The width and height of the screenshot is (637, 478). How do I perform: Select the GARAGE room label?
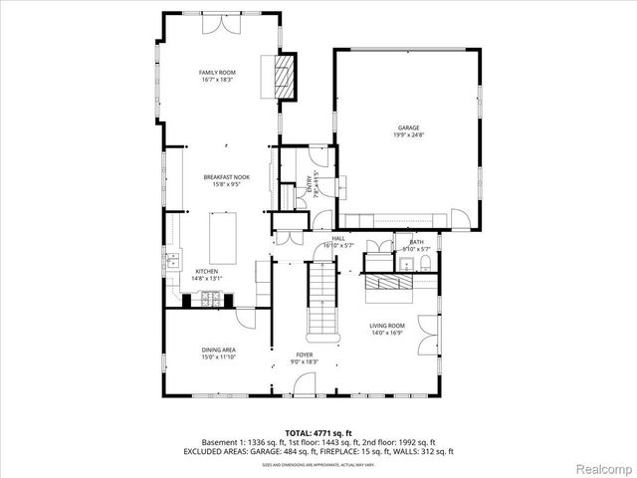[408, 127]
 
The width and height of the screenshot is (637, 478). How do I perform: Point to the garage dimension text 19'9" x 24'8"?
[408, 135]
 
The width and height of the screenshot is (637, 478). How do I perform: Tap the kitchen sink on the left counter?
[173, 262]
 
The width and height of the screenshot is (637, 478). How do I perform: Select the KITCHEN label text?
[206, 271]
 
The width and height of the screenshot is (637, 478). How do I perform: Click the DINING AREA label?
[219, 350]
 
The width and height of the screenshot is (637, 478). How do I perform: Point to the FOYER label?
[305, 355]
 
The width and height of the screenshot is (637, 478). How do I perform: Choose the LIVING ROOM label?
[387, 326]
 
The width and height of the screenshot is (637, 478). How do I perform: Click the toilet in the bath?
[425, 264]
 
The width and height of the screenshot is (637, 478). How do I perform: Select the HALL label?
[338, 239]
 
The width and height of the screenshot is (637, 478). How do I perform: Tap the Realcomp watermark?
[603, 466]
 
